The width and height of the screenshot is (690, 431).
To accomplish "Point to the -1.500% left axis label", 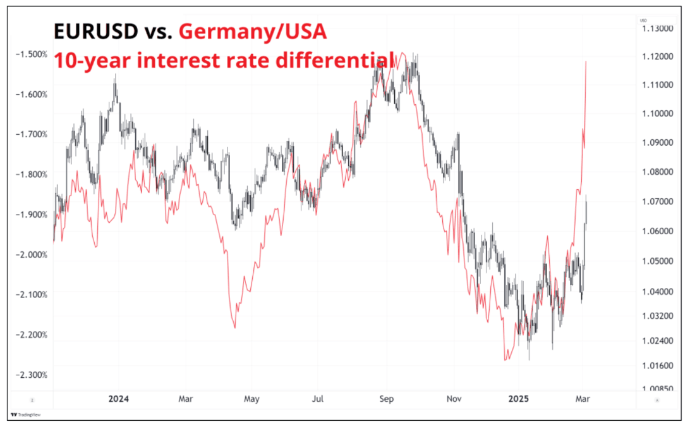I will [x=32, y=54].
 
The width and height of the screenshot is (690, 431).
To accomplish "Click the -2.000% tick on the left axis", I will [x=32, y=254].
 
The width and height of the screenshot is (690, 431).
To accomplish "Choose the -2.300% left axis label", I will [x=32, y=375].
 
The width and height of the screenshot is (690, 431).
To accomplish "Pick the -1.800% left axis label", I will [x=32, y=175].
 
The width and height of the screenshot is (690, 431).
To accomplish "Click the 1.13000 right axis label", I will [x=657, y=29].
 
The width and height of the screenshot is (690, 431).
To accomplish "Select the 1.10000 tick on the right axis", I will [x=657, y=114].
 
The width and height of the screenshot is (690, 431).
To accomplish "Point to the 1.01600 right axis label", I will [x=657, y=365].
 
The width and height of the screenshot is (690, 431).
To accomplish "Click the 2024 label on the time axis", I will [x=118, y=399].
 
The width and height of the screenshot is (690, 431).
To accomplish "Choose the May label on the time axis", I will [x=251, y=399].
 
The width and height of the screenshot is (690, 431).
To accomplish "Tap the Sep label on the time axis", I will [x=387, y=399].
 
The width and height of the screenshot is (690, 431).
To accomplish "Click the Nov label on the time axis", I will [x=454, y=399].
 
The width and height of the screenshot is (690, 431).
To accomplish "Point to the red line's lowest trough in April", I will [x=235, y=327].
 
